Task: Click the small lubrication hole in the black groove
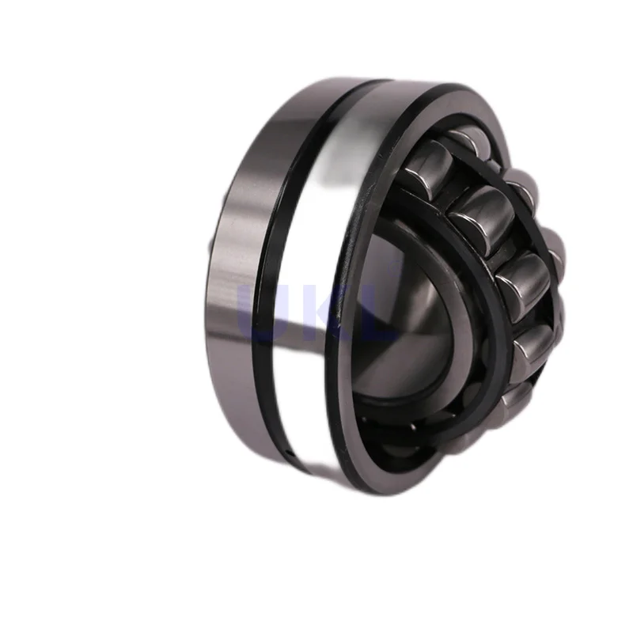click(290, 453)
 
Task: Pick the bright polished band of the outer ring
click(309, 237)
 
